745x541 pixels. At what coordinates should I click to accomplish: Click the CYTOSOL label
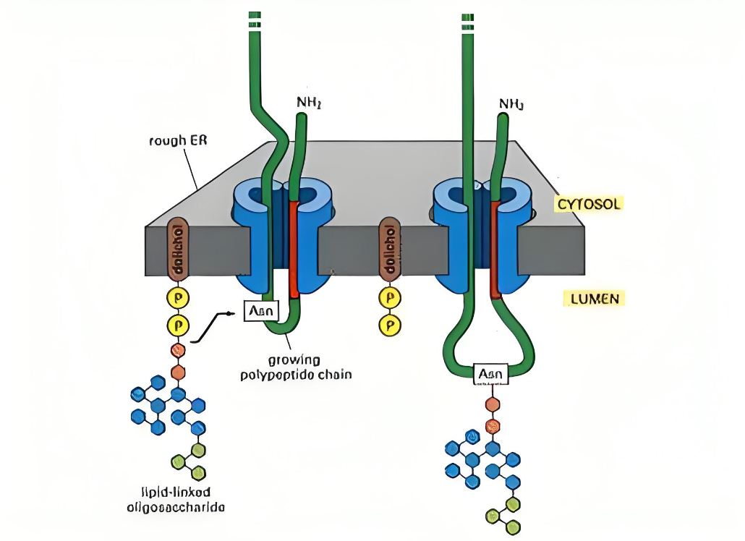[587, 203]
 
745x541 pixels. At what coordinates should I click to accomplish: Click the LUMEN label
[593, 298]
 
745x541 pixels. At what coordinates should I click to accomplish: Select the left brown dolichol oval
[178, 250]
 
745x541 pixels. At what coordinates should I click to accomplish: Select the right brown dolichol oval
[389, 250]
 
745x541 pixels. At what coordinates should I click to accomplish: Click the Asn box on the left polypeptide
[257, 312]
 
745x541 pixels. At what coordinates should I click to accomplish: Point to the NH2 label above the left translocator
[308, 103]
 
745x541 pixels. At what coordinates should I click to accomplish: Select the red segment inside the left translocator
[294, 250]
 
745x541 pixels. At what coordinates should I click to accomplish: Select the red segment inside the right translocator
[495, 250]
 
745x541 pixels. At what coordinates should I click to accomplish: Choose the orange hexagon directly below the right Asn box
[493, 403]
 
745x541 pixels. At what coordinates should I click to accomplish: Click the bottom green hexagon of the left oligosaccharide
[197, 474]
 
